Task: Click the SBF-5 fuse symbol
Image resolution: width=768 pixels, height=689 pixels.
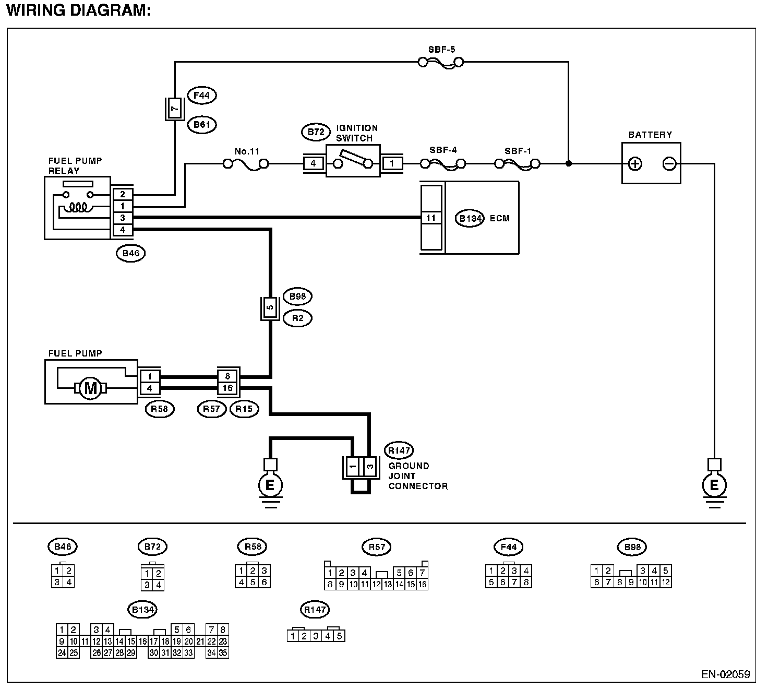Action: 441,63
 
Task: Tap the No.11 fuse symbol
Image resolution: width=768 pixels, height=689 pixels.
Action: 246,164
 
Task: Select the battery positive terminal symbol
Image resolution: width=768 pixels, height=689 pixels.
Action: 635,164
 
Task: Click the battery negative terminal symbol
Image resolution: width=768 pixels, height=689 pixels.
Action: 669,164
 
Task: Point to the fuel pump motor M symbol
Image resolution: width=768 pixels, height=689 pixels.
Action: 91,388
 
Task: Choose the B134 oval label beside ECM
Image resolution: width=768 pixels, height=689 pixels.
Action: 470,218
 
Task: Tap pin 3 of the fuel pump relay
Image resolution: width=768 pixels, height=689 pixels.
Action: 123,218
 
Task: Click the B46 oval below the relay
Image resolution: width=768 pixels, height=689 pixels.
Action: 130,254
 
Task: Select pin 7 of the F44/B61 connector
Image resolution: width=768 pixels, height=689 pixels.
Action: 175,109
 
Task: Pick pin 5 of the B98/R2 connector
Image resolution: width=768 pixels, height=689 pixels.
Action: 270,308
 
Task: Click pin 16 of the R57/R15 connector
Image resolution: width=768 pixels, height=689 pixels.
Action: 228,388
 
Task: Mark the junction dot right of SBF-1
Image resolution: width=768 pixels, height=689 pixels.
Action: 568,164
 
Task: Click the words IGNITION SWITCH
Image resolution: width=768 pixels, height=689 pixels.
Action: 356,133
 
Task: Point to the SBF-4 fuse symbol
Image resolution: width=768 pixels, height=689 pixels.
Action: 443,164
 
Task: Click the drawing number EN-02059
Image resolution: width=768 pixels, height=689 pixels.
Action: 725,674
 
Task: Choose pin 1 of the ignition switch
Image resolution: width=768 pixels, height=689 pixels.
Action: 392,164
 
